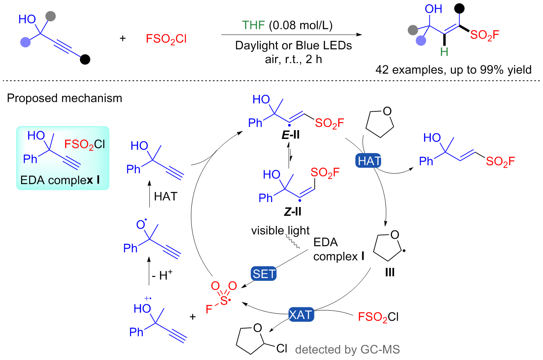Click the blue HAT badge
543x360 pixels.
(369, 161)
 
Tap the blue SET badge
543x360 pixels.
(264, 274)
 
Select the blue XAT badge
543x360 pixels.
(301, 314)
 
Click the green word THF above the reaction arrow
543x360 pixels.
(253, 25)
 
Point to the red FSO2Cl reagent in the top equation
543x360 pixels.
(166, 39)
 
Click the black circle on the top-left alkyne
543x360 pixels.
(85, 59)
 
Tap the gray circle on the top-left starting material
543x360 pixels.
(51, 16)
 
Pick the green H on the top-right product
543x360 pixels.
(444, 52)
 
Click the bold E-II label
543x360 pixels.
(290, 135)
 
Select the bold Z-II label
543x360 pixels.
(293, 212)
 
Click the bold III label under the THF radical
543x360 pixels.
(390, 272)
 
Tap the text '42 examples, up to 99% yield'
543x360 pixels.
(453, 70)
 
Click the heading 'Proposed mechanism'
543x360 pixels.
(64, 98)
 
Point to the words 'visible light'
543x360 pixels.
(280, 231)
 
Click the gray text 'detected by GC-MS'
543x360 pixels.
(347, 349)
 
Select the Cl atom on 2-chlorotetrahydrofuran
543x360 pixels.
(282, 348)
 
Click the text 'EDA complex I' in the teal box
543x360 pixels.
(60, 180)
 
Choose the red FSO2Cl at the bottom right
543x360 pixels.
(378, 317)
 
